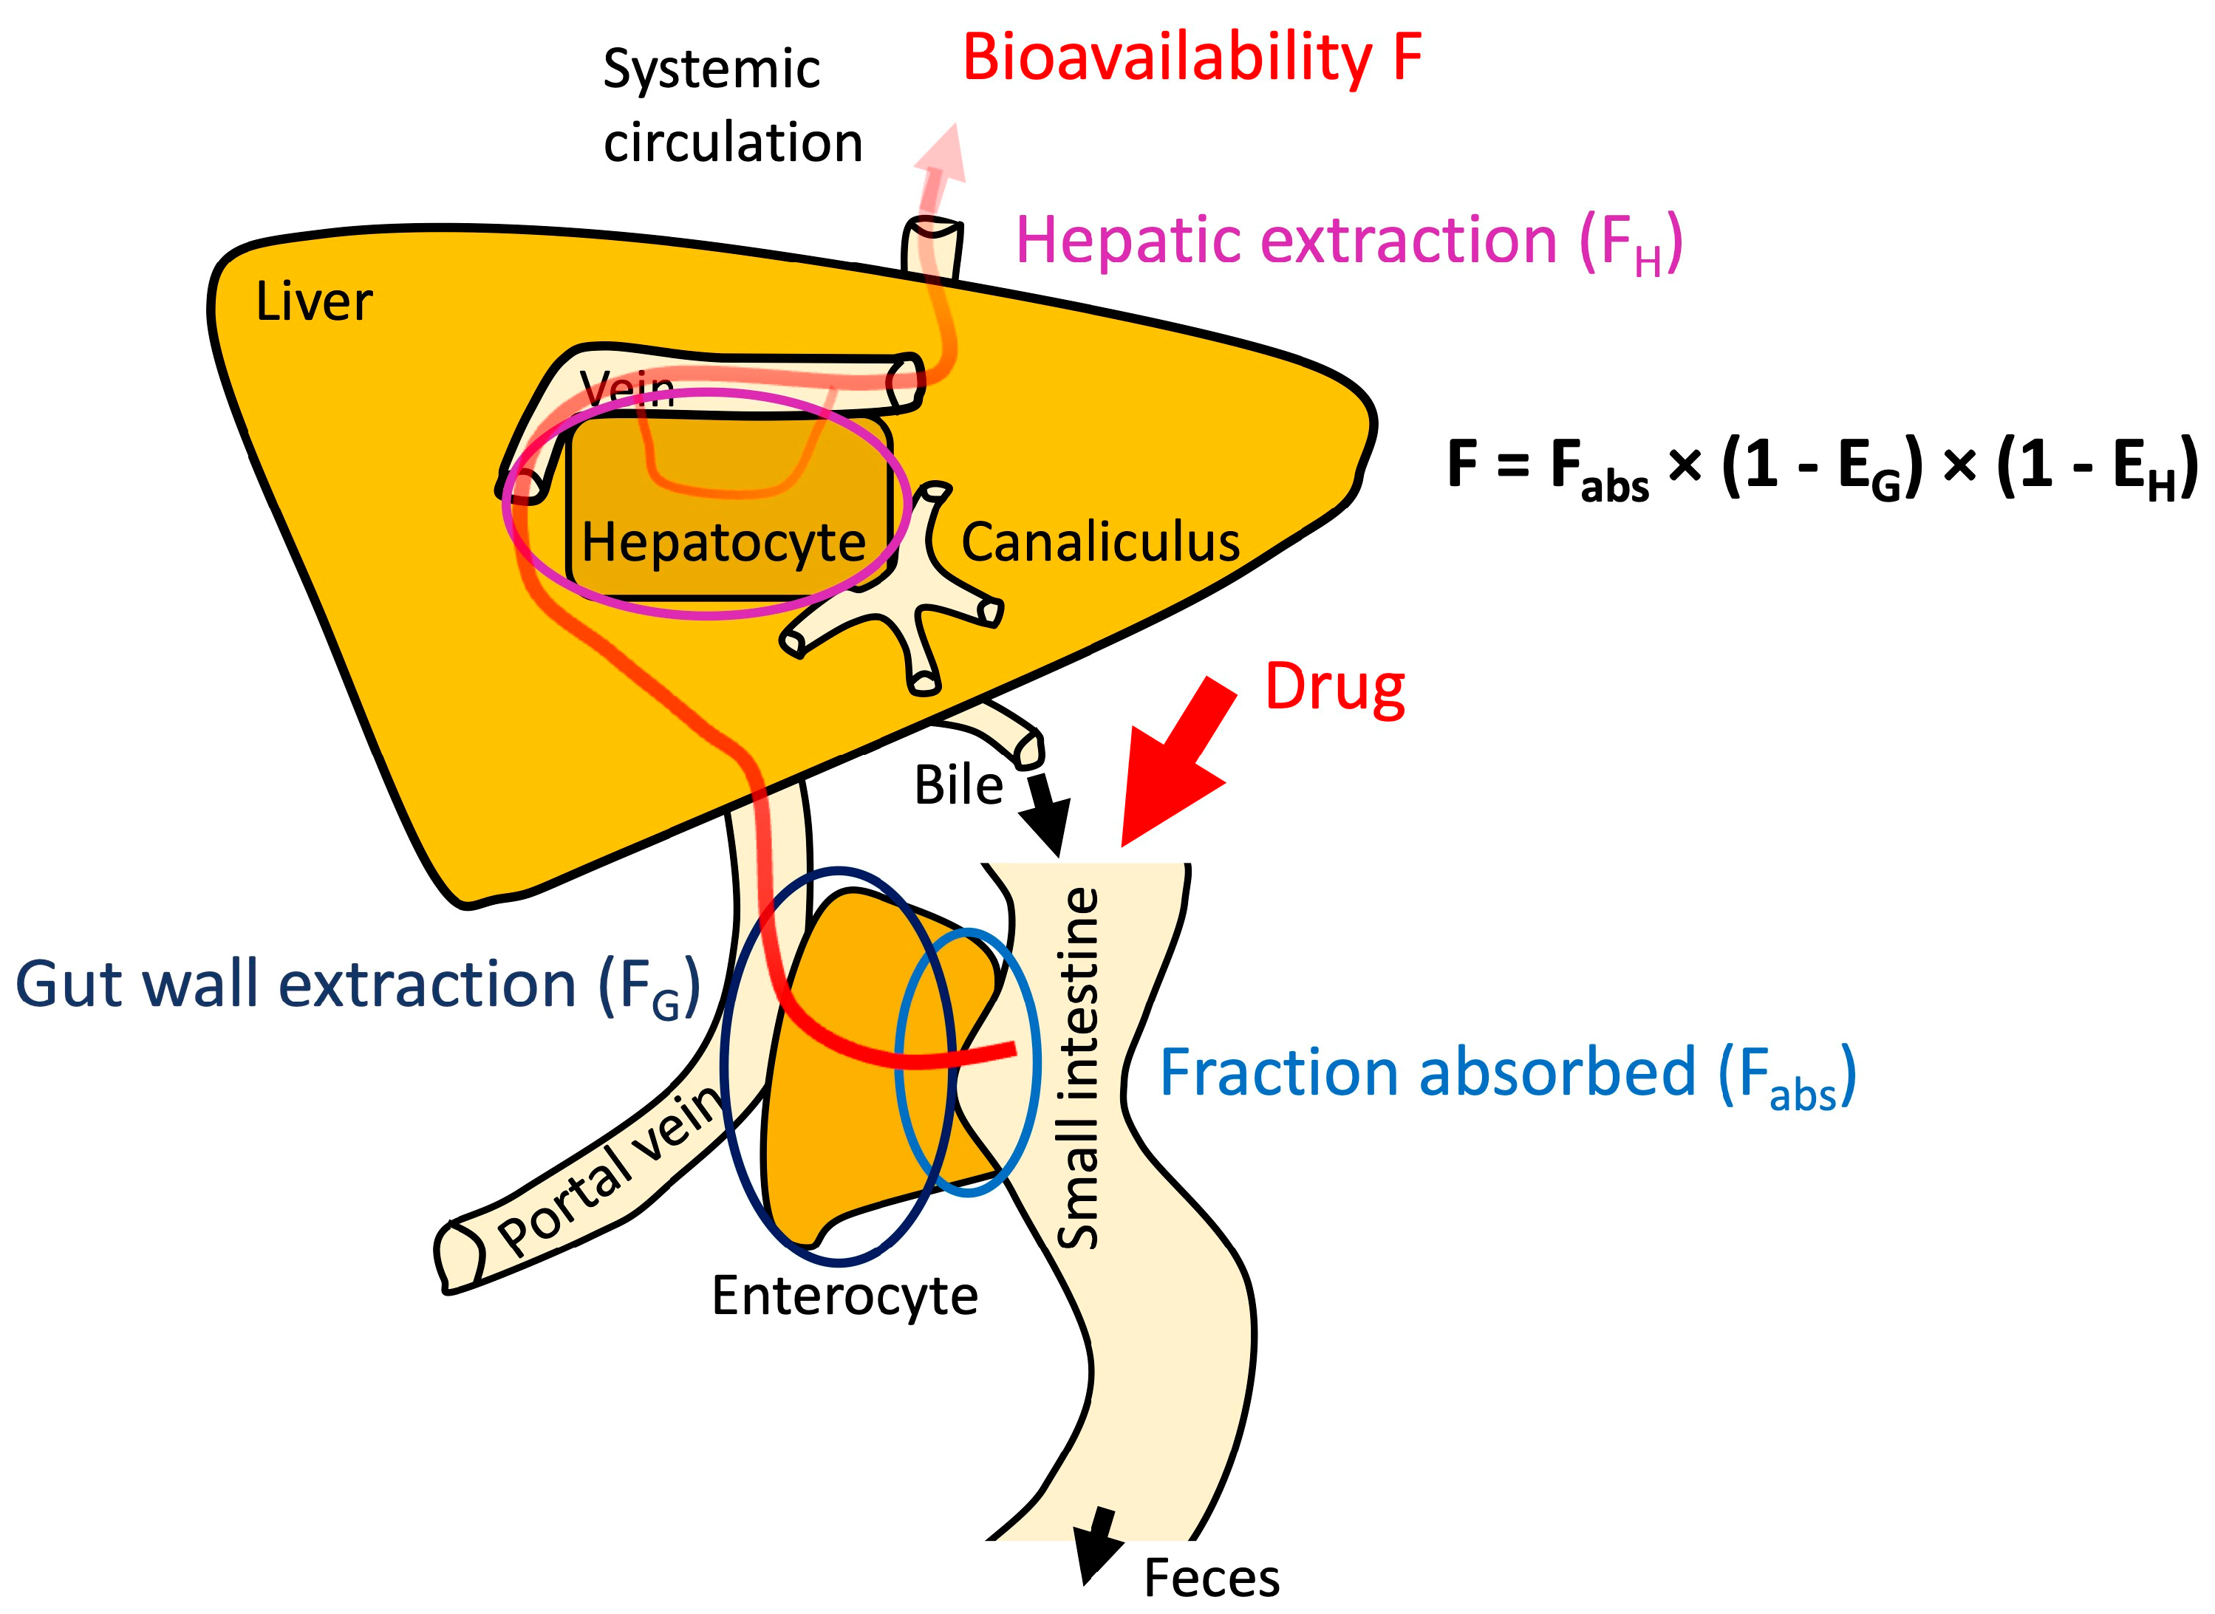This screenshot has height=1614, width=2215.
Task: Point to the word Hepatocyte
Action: [x=723, y=541]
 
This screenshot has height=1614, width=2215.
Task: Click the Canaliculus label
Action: [x=1100, y=541]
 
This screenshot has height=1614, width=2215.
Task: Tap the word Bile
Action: [x=958, y=784]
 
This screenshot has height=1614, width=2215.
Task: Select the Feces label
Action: [x=1211, y=1578]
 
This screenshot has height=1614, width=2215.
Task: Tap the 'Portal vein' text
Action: [x=611, y=1172]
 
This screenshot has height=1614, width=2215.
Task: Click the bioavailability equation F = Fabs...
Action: [x=1818, y=467]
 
